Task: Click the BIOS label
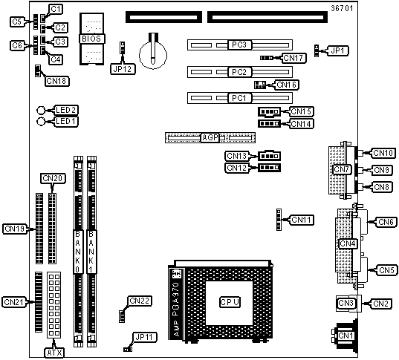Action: [91, 39]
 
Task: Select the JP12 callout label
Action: [123, 69]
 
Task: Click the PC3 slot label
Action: [239, 45]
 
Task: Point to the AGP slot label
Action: [210, 137]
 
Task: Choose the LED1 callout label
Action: [66, 121]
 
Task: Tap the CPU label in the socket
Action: [230, 302]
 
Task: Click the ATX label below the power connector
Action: [55, 353]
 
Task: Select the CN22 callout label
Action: [139, 301]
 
